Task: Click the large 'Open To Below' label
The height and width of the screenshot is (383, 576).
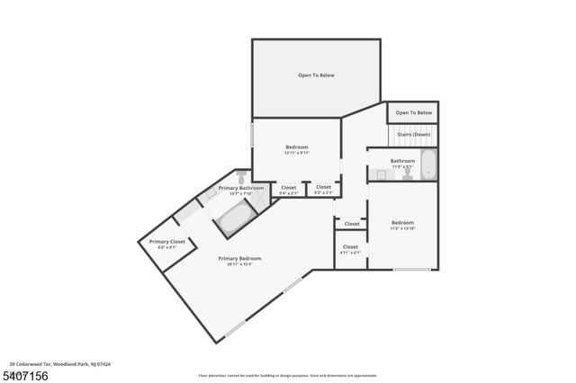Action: tap(316, 76)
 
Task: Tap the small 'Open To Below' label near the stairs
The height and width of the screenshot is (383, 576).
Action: tap(414, 113)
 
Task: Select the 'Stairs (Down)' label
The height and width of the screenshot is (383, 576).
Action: tap(414, 134)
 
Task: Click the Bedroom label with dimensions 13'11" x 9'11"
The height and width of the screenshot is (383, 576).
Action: tap(297, 149)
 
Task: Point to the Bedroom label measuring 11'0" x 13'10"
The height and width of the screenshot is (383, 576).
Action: tap(402, 225)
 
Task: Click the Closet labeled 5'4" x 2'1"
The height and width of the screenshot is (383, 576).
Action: tap(288, 190)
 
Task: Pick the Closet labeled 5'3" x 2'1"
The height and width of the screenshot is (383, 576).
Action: tap(323, 190)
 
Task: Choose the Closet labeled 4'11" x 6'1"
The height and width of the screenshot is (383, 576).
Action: tap(350, 249)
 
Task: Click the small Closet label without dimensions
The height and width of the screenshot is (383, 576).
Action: tap(352, 224)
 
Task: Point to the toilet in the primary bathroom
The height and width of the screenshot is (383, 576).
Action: tap(241, 176)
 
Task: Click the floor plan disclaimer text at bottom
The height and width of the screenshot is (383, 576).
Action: tap(288, 375)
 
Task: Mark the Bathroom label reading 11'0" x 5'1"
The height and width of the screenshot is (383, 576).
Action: tap(402, 163)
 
